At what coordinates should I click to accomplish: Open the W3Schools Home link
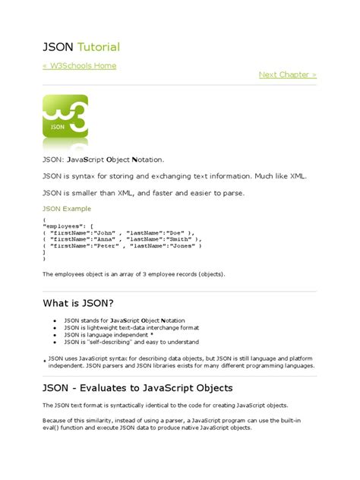(x=80, y=66)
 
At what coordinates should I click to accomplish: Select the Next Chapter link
(x=287, y=74)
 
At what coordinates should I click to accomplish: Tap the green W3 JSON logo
(x=65, y=117)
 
